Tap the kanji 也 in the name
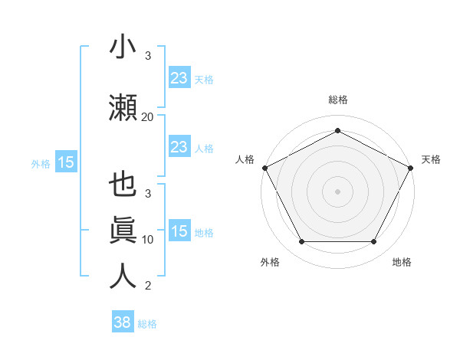coord(123,186)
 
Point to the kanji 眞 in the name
coord(123,231)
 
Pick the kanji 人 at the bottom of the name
coord(123,275)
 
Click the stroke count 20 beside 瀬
coord(147,116)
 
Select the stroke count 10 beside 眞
coord(148,239)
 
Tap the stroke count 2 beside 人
coord(148,286)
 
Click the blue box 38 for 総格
coord(123,322)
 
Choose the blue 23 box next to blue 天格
coord(179,77)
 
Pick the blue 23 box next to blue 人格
coord(179,147)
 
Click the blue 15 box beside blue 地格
coord(179,231)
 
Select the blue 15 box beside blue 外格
coord(66,162)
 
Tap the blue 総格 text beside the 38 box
coord(147,324)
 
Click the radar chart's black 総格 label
coord(337,100)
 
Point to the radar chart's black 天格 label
coord(431,159)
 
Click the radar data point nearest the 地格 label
coord(374,242)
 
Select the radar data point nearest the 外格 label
coord(301,242)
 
